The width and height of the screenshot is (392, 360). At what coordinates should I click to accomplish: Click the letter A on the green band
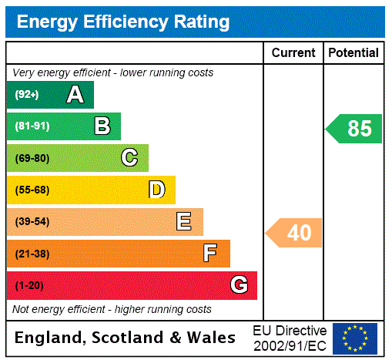coord(75,95)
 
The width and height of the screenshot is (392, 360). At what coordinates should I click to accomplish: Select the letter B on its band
coord(102,126)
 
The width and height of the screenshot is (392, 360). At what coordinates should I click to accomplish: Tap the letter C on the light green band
coord(129,158)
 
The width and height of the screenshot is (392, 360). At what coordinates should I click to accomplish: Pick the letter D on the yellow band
coord(157,190)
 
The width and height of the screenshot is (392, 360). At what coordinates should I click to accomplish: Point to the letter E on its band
coord(184,222)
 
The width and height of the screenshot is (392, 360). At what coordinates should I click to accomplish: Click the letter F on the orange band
coord(210,253)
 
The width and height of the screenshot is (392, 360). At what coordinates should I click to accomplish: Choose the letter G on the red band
coord(239,285)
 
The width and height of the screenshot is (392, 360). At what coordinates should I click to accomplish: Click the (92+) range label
coord(27,95)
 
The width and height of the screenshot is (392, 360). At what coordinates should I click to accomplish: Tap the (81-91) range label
coord(32,126)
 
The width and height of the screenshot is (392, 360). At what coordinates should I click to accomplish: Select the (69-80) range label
coord(32,158)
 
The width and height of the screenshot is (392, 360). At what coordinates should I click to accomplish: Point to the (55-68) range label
coord(32,190)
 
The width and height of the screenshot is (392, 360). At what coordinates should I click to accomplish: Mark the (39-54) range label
coord(32,222)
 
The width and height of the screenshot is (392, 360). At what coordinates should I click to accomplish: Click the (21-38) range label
coord(32,254)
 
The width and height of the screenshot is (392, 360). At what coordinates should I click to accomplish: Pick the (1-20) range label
coord(29,285)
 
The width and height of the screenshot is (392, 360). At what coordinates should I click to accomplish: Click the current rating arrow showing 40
coord(295,232)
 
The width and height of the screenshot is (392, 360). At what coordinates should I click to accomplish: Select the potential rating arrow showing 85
coord(356,128)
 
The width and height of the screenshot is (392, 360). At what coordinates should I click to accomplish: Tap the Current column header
coord(293,53)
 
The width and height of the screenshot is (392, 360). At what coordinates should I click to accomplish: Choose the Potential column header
coord(353,53)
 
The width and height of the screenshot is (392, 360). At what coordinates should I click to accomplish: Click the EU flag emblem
coord(355,338)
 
